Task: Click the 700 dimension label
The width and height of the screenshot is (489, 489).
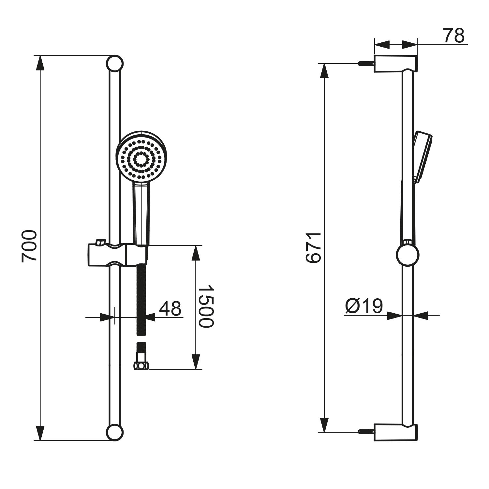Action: pos(29,246)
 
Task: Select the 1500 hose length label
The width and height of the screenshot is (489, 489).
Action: pos(206,306)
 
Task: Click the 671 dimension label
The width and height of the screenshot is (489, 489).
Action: pos(314,248)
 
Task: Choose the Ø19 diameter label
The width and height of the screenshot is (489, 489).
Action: pos(364,306)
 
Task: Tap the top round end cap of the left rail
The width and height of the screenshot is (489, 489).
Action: pos(115,63)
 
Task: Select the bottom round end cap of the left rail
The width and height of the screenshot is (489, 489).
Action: pos(115,432)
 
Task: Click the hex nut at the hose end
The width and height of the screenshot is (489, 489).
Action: pos(141,366)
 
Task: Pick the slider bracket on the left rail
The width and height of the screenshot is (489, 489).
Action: pos(118,255)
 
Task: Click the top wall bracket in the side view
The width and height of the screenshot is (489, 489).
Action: pos(395,64)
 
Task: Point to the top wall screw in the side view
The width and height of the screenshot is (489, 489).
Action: pos(366,64)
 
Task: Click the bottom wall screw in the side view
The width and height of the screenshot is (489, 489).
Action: pos(366,432)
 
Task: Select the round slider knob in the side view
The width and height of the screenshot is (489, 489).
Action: pos(407,255)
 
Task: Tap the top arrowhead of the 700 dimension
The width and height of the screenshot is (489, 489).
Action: pos(40,63)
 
